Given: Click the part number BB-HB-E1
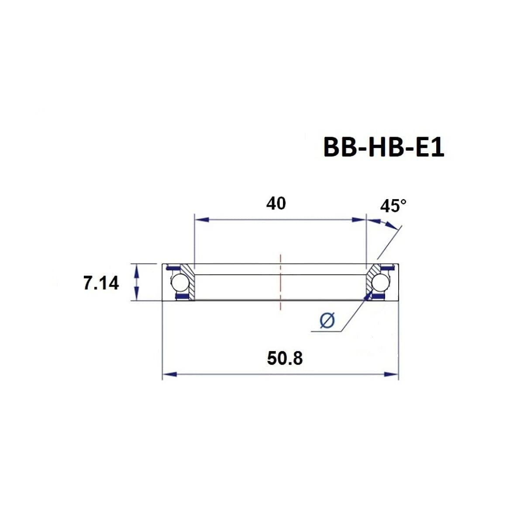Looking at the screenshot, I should [x=383, y=148].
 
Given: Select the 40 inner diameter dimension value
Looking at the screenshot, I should [x=276, y=203].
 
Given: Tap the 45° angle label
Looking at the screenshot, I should [x=393, y=206].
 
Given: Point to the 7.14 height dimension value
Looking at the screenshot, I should [x=101, y=283].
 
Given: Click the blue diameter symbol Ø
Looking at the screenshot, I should [x=327, y=321].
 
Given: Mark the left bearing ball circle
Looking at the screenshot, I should [x=179, y=283].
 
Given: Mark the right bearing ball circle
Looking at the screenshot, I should [x=380, y=283].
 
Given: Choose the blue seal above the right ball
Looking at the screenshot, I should [x=386, y=268].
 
